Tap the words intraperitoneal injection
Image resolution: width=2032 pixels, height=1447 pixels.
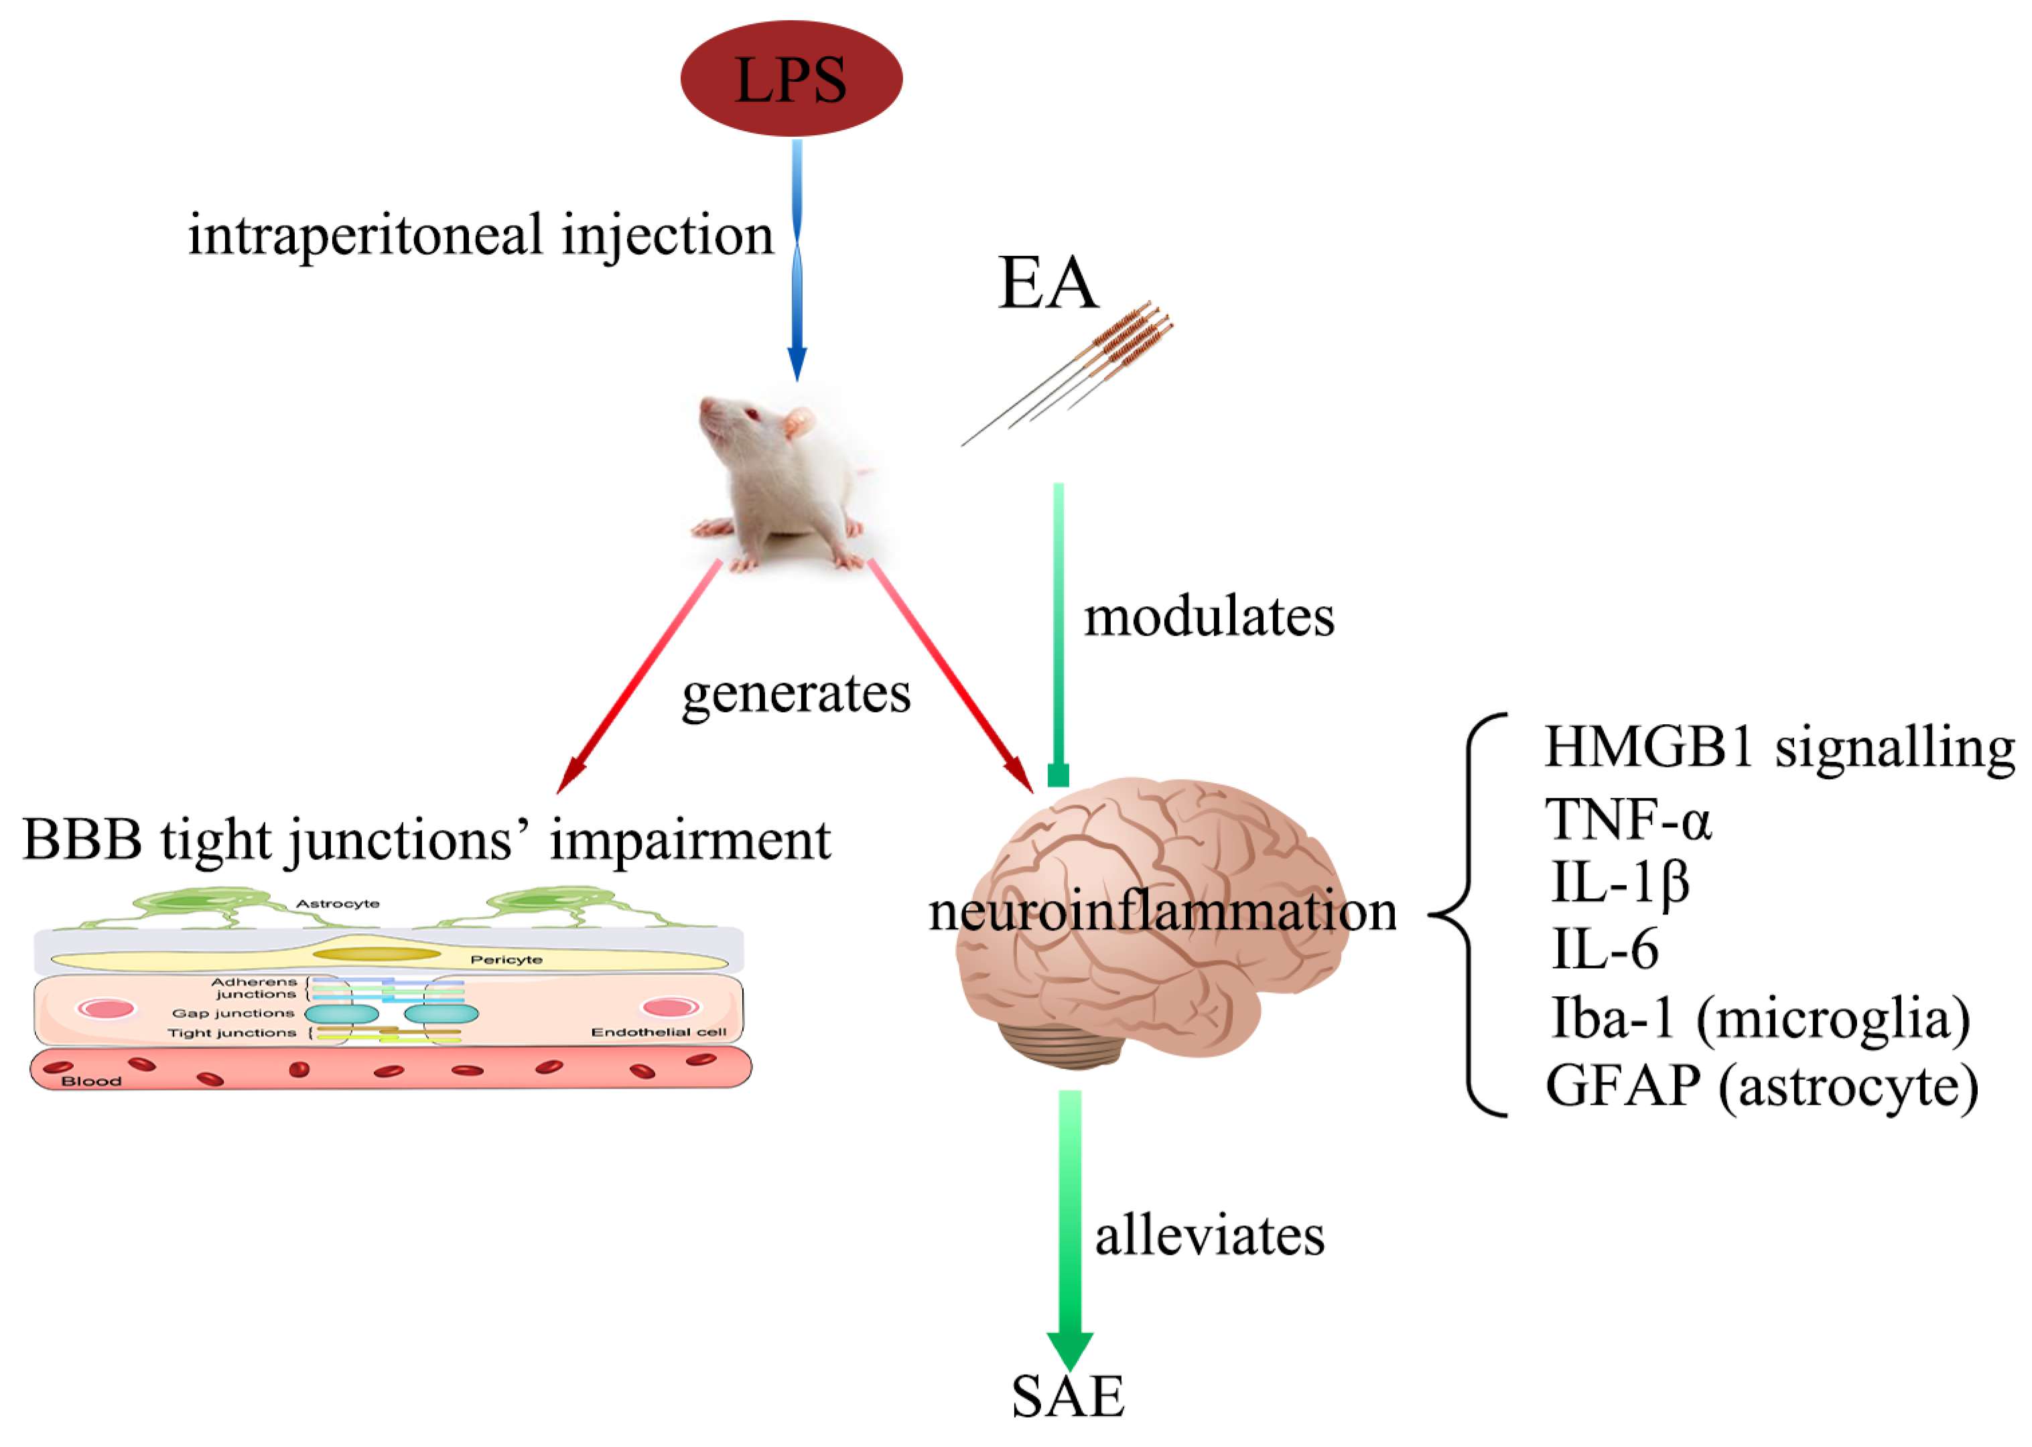click(480, 235)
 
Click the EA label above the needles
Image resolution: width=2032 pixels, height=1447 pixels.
click(1048, 283)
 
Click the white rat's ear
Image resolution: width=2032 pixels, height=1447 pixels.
click(799, 421)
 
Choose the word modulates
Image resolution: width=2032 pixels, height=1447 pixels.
click(1208, 616)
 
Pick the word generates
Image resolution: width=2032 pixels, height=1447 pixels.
click(795, 693)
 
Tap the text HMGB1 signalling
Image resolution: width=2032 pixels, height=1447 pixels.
click(1778, 747)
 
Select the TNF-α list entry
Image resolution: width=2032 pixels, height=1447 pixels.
click(1627, 818)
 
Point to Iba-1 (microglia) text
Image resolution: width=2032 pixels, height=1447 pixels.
click(1760, 1018)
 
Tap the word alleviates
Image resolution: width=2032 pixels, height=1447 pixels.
click(1209, 1236)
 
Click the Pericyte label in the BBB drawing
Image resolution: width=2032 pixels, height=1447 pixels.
click(506, 959)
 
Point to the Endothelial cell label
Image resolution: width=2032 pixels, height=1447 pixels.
click(659, 1032)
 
